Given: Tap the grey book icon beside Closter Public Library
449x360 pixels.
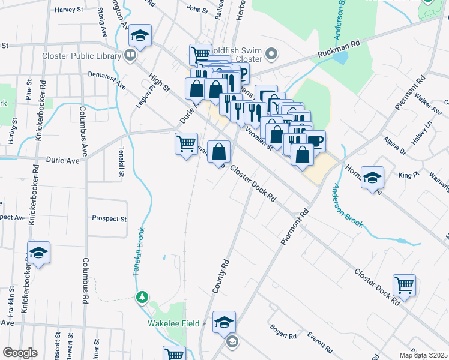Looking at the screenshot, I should [130, 56].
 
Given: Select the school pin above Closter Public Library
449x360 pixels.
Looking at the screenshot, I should [140, 37].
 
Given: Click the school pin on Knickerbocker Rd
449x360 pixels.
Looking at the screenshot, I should [38, 253].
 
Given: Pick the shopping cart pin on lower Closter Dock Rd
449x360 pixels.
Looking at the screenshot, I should [404, 286].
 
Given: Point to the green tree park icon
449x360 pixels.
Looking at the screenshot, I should [142, 296].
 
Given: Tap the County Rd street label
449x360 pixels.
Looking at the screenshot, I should [221, 276].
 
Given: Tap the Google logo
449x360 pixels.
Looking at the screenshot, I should [20, 353].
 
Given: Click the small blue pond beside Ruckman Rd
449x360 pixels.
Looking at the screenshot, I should [341, 58].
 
